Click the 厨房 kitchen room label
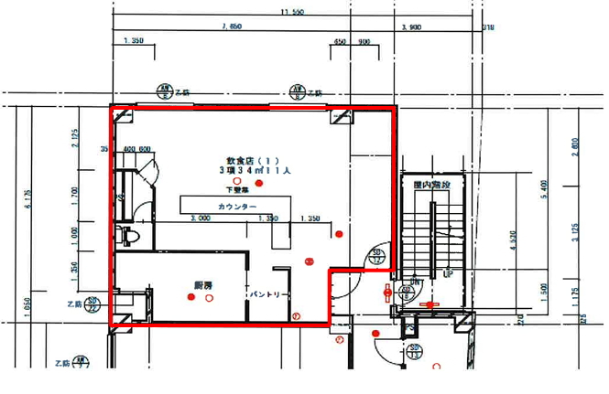tap(202, 286)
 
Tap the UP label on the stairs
tap(448, 273)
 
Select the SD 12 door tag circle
tap(375, 255)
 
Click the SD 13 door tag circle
tap(414, 350)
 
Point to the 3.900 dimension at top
tap(412, 28)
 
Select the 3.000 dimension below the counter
tap(199, 219)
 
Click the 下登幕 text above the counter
tap(236, 190)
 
